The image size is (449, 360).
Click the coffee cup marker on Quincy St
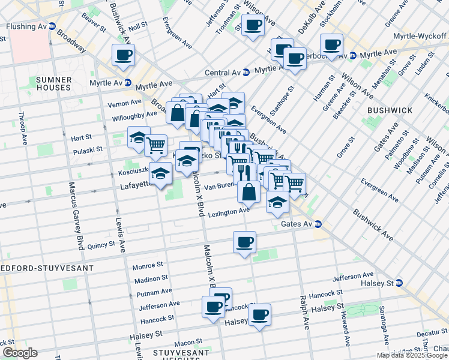point(244,243)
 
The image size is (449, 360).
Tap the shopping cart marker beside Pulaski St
point(155,145)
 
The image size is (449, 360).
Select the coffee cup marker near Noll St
point(124,56)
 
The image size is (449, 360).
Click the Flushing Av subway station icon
point(52,26)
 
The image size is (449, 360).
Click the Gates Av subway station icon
point(318,224)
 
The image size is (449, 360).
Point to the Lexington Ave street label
point(228,211)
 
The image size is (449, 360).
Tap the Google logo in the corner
point(19,353)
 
